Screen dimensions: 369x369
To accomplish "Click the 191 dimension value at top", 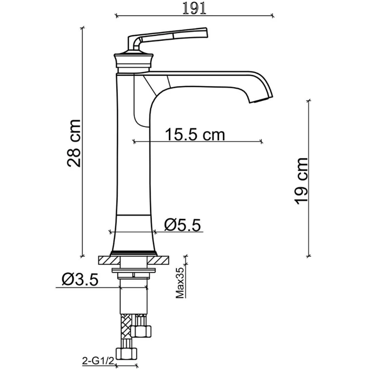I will click(194, 8).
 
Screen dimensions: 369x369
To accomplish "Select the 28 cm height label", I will click(74, 143).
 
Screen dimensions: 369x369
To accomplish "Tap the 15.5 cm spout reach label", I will click(194, 134).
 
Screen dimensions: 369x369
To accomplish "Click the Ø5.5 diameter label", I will click(183, 225).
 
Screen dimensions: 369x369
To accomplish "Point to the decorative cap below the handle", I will click(133, 61).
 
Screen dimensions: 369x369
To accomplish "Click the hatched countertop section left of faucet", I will click(109, 260).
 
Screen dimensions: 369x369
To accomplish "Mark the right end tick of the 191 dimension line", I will click(273, 15).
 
